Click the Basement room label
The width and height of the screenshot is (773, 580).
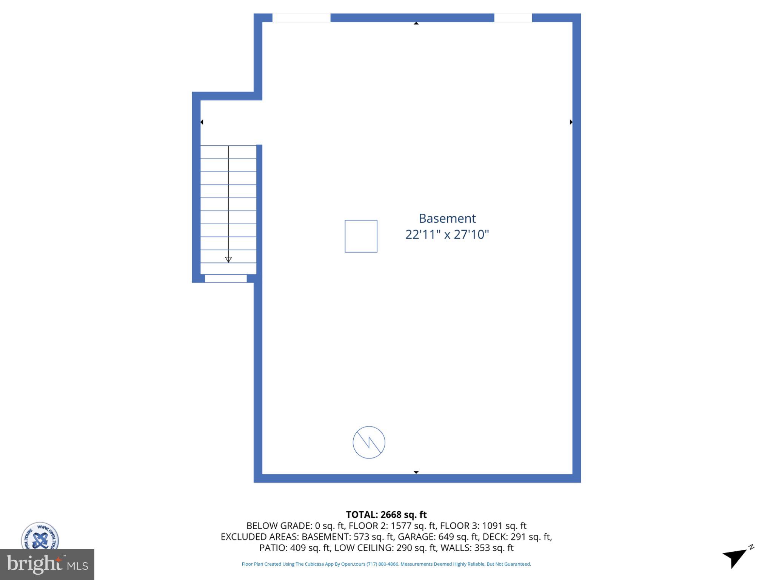click(447, 218)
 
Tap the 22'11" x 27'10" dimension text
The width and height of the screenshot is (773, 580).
click(447, 234)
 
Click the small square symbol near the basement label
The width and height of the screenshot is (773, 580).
click(361, 236)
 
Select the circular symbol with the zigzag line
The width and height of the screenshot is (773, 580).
click(369, 442)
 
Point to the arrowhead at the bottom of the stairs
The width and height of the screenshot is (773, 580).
click(228, 259)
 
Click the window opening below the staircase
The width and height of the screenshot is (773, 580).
click(226, 279)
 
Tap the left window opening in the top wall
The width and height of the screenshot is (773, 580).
click(301, 18)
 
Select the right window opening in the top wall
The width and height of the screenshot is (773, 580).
click(513, 18)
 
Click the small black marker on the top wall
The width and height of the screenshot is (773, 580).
click(416, 23)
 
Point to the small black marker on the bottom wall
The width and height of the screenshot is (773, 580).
click(416, 472)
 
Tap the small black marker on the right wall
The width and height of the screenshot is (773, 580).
click(571, 122)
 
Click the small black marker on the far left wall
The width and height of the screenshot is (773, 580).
click(202, 122)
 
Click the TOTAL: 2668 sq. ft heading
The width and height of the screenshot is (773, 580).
click(386, 515)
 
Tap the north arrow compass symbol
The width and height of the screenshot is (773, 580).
click(736, 557)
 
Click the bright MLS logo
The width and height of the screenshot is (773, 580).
click(47, 564)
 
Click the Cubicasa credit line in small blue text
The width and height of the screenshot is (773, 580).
click(386, 564)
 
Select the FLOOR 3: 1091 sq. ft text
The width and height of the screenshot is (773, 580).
click(483, 526)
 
